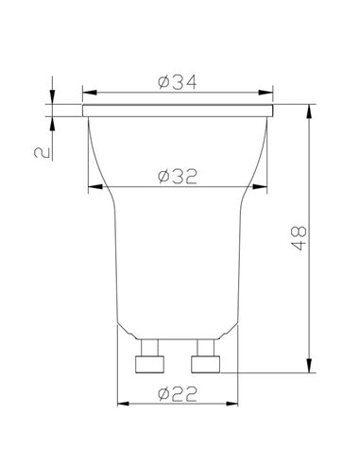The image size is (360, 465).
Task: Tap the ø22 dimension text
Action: click(x=178, y=392)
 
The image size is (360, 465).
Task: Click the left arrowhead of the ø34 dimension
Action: click(x=88, y=93)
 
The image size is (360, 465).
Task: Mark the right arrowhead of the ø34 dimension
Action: click(x=267, y=93)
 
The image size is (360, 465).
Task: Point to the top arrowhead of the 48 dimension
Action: click(x=311, y=111)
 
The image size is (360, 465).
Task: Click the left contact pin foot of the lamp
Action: click(x=149, y=365)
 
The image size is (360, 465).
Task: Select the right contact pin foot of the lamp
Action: click(x=205, y=365)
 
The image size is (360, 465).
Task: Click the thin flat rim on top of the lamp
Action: click(x=178, y=111)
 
